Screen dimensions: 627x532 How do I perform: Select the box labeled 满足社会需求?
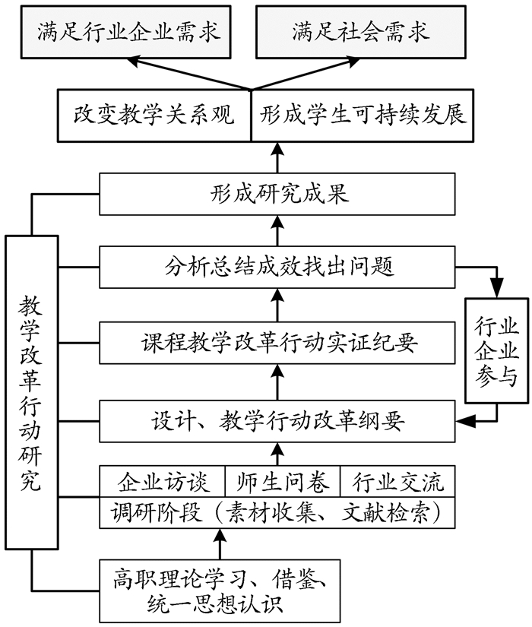tap(360, 31)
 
